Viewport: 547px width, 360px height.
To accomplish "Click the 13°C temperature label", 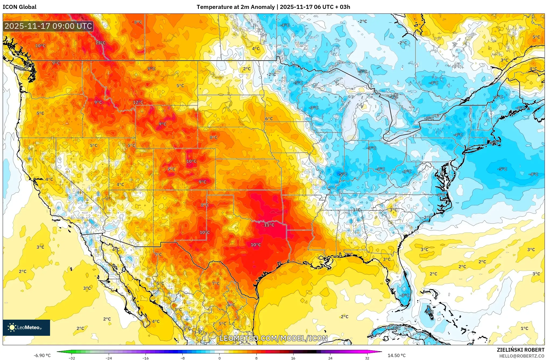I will click(100, 43).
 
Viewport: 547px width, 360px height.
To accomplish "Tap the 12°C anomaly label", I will click(138, 102).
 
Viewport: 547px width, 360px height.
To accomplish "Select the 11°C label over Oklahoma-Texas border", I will click(269, 225).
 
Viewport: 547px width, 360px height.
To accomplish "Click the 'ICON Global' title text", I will click(19, 7).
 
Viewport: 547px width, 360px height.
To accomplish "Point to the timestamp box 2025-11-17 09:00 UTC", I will click(48, 26).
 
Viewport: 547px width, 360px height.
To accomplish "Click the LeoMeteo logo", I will click(26, 327).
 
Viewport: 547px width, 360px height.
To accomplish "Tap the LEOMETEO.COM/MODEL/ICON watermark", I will click(274, 338).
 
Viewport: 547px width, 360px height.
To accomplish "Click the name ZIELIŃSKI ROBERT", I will click(520, 350).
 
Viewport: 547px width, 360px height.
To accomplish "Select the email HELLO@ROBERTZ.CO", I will click(522, 356).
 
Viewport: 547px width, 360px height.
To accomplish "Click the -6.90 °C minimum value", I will click(42, 355).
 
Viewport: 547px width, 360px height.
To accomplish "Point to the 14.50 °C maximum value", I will click(396, 355).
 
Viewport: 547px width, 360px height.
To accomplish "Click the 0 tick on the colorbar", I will click(219, 358).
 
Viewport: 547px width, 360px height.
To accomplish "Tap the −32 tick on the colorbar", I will click(72, 358).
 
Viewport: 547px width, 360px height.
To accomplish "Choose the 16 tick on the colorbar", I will click(293, 358).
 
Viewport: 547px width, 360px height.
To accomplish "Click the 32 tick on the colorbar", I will click(367, 358).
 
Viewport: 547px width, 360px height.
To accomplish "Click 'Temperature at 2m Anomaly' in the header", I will click(235, 7).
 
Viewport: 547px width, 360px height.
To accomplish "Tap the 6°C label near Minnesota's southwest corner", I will click(269, 119).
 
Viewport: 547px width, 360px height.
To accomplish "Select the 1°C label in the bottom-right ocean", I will click(524, 328).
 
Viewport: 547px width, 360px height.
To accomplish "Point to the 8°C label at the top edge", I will click(138, 22).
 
